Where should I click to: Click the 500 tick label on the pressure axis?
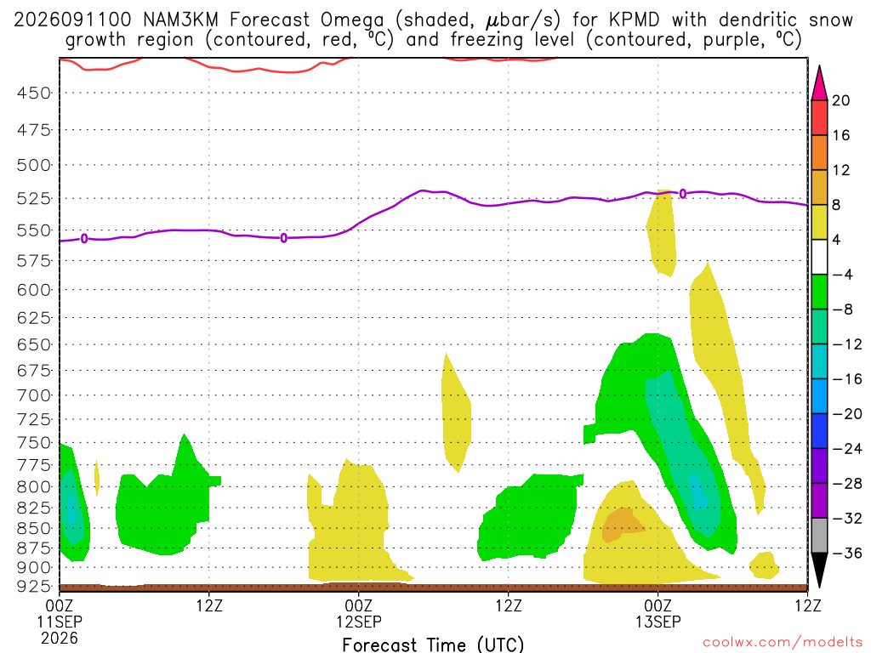coord(33,166)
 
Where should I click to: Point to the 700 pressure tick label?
coord(33,396)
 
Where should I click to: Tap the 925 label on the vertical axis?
coord(33,587)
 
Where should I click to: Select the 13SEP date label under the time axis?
coord(658,622)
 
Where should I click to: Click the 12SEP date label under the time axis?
coord(359,622)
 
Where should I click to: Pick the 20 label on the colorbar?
coord(841,100)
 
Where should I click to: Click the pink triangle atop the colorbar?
coord(819,83)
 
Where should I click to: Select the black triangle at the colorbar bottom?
coord(819,570)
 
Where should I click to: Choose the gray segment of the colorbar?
coord(819,536)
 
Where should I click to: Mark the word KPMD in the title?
coord(634,20)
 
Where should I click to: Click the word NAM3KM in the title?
coord(180,20)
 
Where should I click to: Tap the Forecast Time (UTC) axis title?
coord(433,644)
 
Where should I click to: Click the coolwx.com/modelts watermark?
coord(783,643)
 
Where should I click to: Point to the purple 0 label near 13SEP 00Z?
coord(683,194)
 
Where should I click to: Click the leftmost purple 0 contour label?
coord(84,239)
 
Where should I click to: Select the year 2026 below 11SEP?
coord(60,639)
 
